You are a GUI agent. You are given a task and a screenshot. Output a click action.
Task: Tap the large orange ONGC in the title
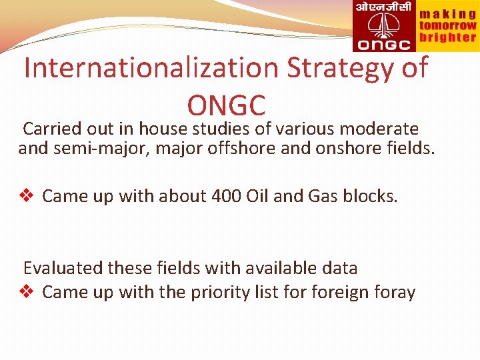point(227,105)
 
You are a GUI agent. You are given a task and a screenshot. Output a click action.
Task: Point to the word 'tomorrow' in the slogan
point(447,25)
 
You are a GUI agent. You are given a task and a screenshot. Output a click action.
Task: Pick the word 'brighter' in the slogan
point(447,38)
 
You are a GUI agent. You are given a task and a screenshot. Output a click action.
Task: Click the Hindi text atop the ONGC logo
point(383,8)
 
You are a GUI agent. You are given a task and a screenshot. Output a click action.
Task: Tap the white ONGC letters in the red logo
point(384,45)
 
